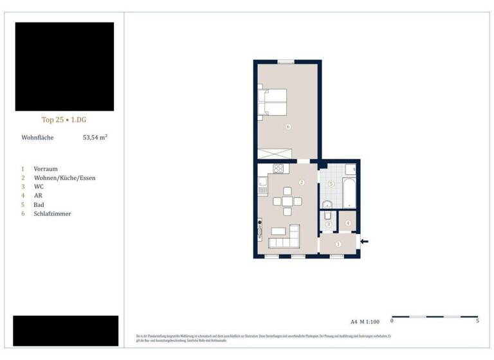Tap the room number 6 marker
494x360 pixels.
pyautogui.click(x=288, y=127)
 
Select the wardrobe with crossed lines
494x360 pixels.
pyautogui.click(x=275, y=154)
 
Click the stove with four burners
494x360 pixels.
pyautogui.click(x=279, y=169)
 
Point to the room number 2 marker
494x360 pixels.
pyautogui.click(x=301, y=183)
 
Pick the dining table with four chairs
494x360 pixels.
pyautogui.click(x=287, y=201)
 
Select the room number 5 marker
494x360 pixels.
pyautogui.click(x=331, y=184)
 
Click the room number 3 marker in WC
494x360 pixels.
pyautogui.click(x=328, y=224)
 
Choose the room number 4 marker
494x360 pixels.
pyautogui.click(x=347, y=223)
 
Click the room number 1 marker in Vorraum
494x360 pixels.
pyautogui.click(x=338, y=244)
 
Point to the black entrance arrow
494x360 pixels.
pyautogui.click(x=365, y=242)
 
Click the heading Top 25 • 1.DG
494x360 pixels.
pyautogui.click(x=64, y=120)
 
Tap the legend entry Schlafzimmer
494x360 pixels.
pyautogui.click(x=52, y=213)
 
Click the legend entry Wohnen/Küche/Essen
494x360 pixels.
pyautogui.click(x=64, y=177)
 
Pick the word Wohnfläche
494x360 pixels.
pyautogui.click(x=38, y=138)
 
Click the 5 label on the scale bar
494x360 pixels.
pyautogui.click(x=477, y=321)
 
